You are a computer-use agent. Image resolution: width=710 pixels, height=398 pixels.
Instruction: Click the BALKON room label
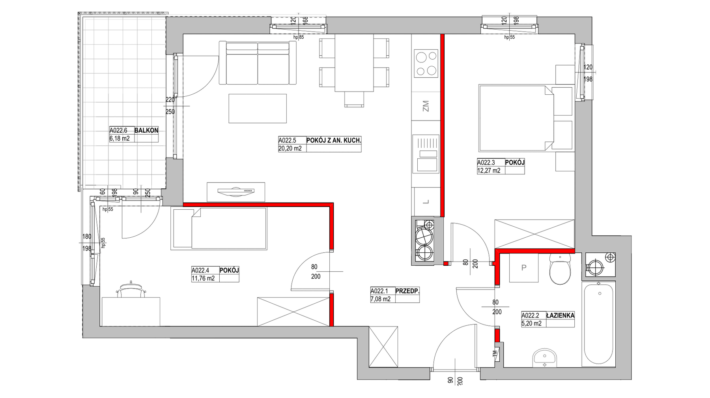[146, 130]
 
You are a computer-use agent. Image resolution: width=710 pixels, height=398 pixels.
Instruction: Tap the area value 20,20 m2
[290, 148]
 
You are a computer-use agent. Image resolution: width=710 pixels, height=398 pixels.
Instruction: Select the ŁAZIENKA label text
[560, 315]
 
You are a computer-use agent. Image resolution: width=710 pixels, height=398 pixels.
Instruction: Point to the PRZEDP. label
[407, 291]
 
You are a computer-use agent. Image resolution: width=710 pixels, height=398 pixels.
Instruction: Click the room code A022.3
[486, 162]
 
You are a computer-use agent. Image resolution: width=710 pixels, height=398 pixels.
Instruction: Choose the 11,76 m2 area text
[203, 278]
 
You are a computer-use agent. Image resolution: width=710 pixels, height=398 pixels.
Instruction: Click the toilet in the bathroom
[560, 269]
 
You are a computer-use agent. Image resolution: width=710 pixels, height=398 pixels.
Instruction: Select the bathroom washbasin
[545, 358]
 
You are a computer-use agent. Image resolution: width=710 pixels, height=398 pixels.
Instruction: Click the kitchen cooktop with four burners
[426, 64]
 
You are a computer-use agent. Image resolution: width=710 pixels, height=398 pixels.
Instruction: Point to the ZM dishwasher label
[426, 106]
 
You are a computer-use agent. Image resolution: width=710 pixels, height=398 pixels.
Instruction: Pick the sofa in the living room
[258, 63]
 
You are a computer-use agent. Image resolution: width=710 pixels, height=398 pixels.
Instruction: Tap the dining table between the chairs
[354, 63]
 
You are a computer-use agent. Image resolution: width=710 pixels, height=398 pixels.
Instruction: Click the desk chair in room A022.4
[131, 290]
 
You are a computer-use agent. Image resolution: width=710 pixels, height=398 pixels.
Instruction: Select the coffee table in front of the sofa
[258, 108]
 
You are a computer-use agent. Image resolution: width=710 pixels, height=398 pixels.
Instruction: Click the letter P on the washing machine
[524, 268]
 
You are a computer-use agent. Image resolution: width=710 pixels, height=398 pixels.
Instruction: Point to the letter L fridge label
[426, 202]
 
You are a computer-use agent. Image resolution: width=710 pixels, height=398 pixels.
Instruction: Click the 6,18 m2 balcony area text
[120, 139]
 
